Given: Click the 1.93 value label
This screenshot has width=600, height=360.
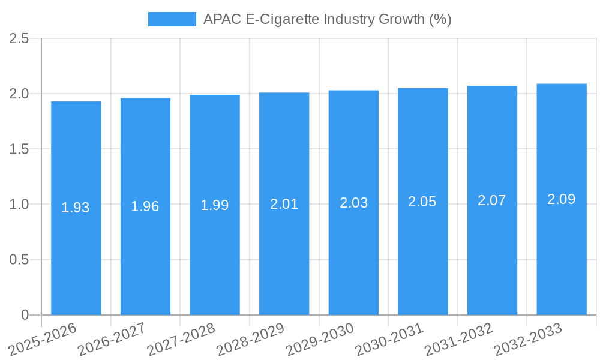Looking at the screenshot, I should (76, 208).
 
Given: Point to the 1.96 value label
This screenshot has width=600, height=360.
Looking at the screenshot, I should (145, 206).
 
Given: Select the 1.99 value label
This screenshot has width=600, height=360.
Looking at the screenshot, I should (215, 205).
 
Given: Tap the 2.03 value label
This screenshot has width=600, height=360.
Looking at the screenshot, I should (353, 203).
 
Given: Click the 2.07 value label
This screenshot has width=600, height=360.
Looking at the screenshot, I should (492, 200).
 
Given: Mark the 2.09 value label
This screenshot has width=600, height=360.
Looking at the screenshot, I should (562, 199).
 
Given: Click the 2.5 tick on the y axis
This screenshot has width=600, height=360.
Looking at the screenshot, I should (19, 39).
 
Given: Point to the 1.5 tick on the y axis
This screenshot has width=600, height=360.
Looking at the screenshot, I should (19, 149).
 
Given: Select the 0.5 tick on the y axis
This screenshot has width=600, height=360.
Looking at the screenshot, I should (19, 260).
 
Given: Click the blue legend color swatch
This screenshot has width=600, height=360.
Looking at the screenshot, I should (172, 19).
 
